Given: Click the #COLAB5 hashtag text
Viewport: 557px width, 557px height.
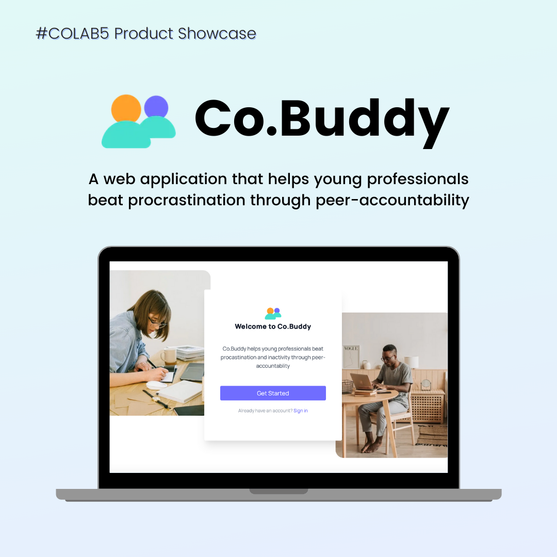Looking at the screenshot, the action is pos(73,34).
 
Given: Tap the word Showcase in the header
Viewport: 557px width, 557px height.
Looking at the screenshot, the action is pos(217,34).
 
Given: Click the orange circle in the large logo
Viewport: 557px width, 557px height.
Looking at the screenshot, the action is pos(126,108).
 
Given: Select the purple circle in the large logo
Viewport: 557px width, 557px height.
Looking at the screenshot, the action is pos(156,107).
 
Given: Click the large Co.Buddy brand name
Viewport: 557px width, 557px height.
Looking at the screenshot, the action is pos(322,119).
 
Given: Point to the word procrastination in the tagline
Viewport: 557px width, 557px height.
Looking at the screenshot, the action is pos(187,200).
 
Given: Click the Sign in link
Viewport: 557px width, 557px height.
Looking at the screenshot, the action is pos(301,411).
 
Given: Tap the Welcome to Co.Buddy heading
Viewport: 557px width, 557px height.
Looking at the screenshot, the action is pos(273,326).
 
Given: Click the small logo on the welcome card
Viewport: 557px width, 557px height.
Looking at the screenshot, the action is pos(273,314).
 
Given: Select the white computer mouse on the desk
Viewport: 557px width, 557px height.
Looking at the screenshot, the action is pos(157,385).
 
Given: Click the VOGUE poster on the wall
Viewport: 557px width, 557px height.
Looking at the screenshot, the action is pos(351,356).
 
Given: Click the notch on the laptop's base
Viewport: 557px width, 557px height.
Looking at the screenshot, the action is pos(279,492).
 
